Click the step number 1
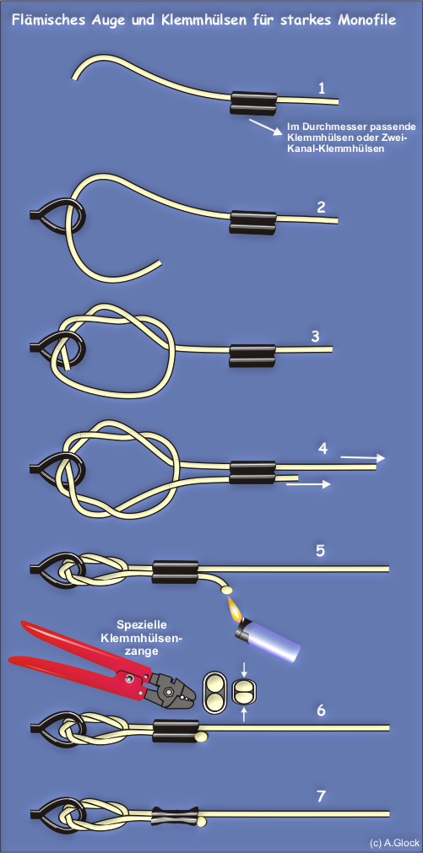pos(323,88)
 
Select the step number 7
pos(321,797)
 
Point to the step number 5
pos(321,551)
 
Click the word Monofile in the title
pos(367,20)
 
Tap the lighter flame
pos(236,609)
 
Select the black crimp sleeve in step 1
pos(253,102)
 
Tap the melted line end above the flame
pos(226,588)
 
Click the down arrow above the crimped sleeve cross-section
pos(244,668)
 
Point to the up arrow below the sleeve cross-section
pos(244,714)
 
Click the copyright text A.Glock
pos(394,843)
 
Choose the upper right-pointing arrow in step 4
pos(362,458)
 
